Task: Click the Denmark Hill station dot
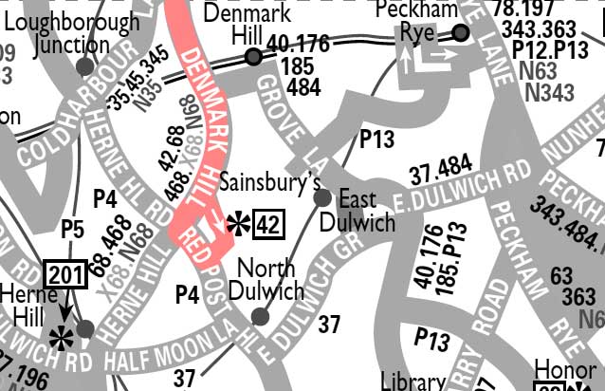click(253, 57)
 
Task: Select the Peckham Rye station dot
click(461, 34)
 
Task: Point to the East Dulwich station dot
click(322, 197)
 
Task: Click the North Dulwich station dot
click(261, 316)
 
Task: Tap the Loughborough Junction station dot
click(84, 66)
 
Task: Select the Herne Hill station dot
click(85, 329)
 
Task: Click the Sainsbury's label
click(264, 180)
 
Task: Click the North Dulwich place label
click(271, 279)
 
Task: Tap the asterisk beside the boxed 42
click(240, 225)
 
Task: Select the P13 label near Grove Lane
click(376, 140)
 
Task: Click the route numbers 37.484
click(440, 172)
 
